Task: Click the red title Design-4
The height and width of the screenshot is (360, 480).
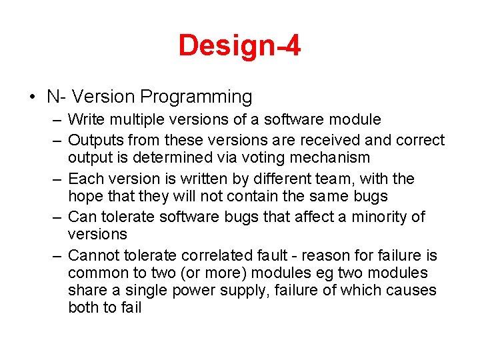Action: click(239, 46)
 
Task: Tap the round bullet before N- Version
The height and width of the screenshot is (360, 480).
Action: click(33, 97)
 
